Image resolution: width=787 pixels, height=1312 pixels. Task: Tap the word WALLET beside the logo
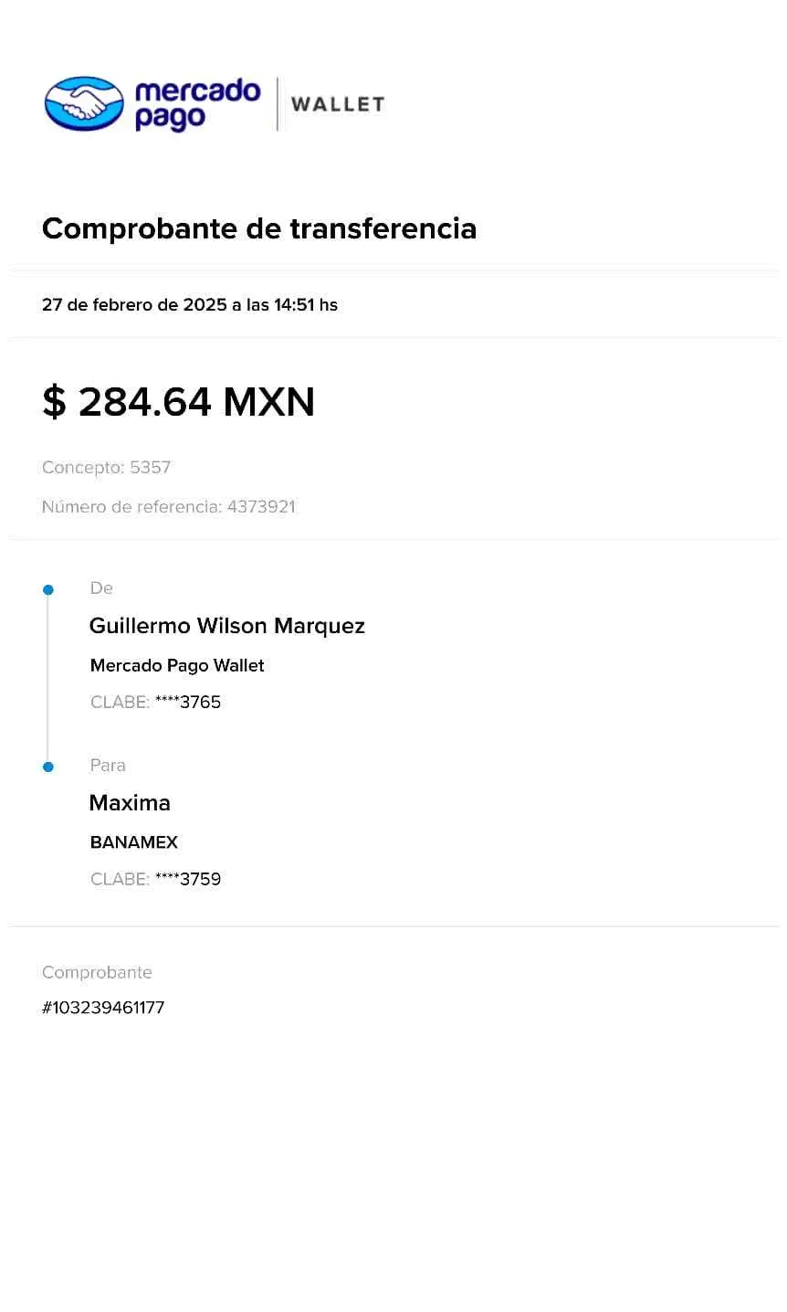[339, 105]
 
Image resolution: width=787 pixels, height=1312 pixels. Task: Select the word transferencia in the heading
[384, 228]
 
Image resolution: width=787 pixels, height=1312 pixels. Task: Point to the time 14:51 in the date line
[293, 305]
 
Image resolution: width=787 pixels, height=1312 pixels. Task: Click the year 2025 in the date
[205, 305]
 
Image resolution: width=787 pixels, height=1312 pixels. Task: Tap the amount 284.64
[146, 403]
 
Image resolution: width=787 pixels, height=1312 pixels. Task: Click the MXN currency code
[270, 403]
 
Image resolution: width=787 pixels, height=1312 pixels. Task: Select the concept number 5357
[150, 468]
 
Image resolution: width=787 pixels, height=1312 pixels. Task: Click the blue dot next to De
[48, 590]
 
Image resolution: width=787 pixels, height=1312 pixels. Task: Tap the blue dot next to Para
[48, 767]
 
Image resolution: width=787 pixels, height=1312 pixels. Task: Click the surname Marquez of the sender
[320, 626]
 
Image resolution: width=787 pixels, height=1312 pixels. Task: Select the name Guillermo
[139, 626]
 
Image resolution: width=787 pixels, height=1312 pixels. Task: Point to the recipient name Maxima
[130, 803]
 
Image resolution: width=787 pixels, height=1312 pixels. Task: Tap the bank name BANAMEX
[134, 842]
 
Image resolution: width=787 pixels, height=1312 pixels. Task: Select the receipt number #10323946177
[104, 1008]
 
